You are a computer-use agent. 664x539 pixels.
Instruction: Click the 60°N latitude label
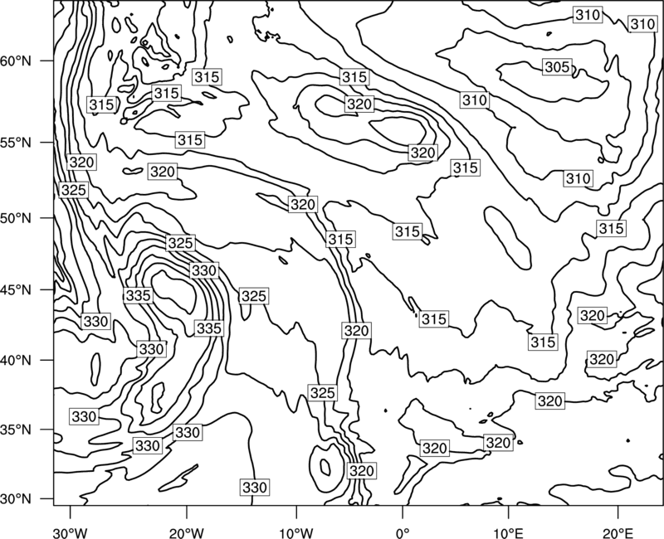coord(16,61)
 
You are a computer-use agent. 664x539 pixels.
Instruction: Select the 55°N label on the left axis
coord(16,143)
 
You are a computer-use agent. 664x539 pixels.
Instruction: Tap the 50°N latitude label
coord(16,218)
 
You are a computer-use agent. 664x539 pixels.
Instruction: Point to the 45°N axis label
coord(16,289)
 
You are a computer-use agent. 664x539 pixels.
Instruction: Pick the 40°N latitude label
coord(16,360)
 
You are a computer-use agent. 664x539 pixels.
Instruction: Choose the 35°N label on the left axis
coord(16,430)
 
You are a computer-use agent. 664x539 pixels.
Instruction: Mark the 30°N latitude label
coord(16,499)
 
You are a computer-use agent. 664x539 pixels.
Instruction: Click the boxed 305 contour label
coord(557,67)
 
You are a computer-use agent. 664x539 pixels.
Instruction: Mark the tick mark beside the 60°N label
coord(47,61)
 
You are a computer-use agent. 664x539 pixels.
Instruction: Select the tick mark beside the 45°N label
coord(47,289)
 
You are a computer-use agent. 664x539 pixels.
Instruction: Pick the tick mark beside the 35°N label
coord(47,430)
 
